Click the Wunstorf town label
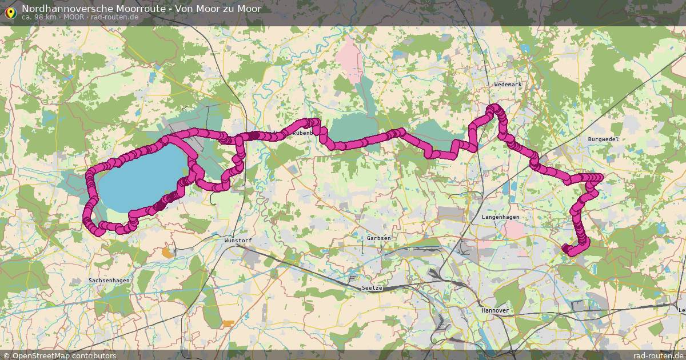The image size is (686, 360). [x=238, y=241]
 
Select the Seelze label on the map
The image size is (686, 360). [x=372, y=288]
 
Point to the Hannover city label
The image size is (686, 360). [x=495, y=310]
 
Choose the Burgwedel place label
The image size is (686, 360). [x=603, y=139]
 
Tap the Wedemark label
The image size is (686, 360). [x=508, y=85]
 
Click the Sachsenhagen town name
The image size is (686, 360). [x=109, y=281]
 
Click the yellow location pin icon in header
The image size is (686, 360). [x=10, y=11]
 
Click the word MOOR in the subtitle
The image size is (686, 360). [x=77, y=17]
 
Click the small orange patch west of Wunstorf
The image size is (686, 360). [x=167, y=251]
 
